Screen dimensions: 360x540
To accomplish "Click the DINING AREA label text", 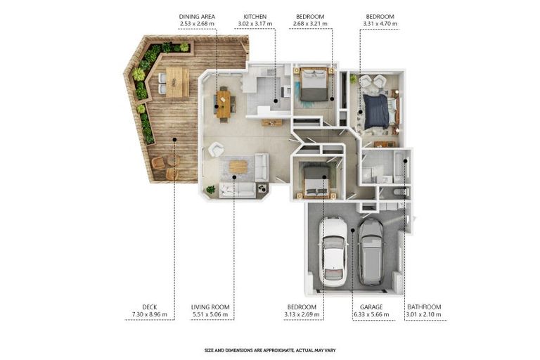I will (197, 16).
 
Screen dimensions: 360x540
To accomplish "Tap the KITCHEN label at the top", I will (255, 16).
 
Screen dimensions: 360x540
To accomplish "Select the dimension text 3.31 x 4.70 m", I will (380, 24).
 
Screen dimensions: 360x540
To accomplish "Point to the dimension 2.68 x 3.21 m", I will (309, 24).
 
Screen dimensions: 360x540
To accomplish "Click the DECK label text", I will (149, 307).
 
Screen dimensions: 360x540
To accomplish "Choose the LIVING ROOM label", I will (210, 307).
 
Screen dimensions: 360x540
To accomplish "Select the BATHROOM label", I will (424, 307).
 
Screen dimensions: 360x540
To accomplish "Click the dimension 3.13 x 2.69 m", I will (302, 315).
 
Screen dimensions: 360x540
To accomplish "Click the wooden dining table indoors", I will (224, 104).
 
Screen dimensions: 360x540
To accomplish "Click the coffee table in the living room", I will (238, 166).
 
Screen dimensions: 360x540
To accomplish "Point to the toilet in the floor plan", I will (397, 191).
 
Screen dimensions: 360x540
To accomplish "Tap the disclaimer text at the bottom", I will (269, 349).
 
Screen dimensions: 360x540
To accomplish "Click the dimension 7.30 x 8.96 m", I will (149, 315).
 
